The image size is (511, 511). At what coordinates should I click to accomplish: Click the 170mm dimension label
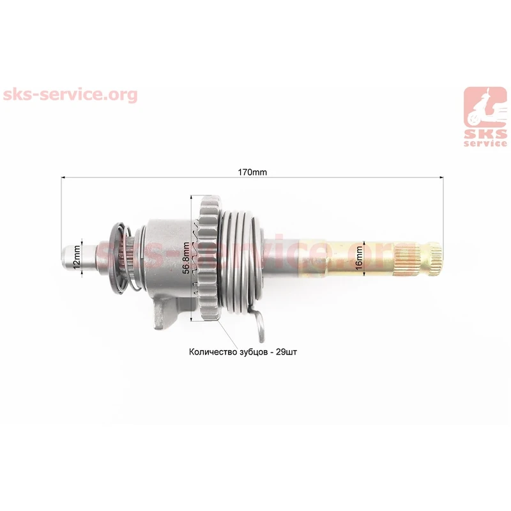click(252, 172)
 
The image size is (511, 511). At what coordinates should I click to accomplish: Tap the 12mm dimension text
click(76, 257)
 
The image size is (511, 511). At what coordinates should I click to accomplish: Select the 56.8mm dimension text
click(185, 258)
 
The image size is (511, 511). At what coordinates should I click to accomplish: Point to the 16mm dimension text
click(358, 258)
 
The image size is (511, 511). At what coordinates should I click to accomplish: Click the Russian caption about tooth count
click(243, 352)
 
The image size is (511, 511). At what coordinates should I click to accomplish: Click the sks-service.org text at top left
click(70, 95)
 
